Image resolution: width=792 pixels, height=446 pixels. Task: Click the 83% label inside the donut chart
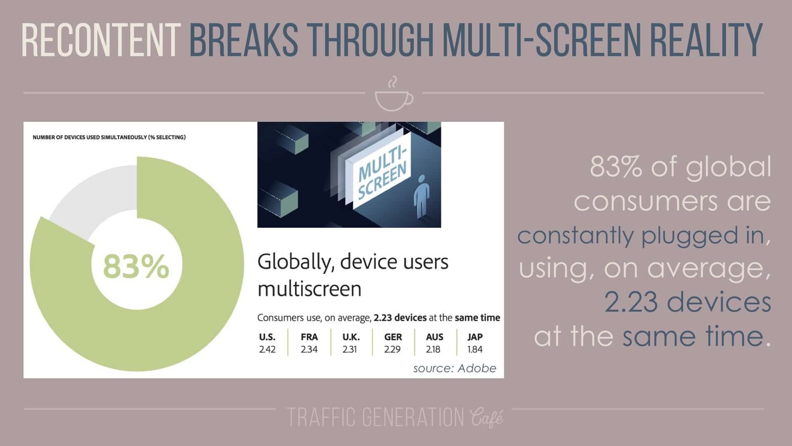136,266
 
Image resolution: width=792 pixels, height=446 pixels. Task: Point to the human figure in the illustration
422,196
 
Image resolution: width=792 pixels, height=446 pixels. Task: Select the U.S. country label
267,337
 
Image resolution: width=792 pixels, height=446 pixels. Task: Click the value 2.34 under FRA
309,349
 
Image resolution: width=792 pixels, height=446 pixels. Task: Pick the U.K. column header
351,337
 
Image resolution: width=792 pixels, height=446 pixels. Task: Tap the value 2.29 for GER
393,349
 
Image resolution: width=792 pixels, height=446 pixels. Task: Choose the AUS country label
435,337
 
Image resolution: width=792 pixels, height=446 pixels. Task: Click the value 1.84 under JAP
475,349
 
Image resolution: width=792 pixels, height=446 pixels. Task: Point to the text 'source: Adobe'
454,368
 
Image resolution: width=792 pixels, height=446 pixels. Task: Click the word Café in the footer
487,418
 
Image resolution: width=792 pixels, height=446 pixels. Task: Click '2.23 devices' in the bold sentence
400,318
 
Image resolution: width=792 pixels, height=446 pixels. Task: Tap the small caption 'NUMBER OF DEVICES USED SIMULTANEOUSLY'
109,137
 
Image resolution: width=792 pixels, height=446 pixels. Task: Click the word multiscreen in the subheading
309,289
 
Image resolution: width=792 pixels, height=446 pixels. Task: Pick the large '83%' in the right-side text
615,167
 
